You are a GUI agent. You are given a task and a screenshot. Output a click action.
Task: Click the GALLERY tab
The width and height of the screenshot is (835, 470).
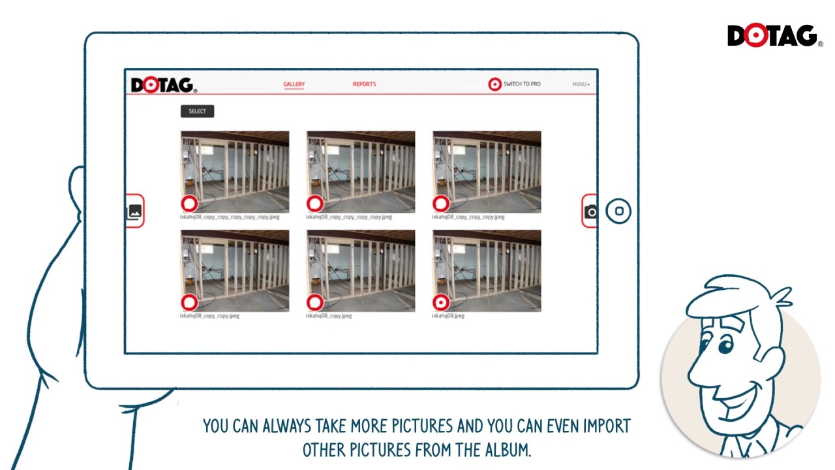(x=294, y=84)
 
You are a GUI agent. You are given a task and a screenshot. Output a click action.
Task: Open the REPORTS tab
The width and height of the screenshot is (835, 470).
(x=364, y=84)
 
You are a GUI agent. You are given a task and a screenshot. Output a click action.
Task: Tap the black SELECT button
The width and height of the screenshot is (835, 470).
(x=197, y=111)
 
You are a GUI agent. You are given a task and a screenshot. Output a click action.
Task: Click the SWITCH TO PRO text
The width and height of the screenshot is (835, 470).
(x=522, y=84)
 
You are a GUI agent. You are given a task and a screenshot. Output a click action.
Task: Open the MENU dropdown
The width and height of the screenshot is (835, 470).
(x=581, y=84)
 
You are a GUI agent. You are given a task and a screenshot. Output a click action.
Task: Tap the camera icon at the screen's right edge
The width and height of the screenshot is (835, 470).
(x=590, y=211)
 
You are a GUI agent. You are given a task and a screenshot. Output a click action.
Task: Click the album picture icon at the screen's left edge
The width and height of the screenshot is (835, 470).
(x=134, y=211)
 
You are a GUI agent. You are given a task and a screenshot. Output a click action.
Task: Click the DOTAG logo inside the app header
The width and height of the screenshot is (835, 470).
(x=163, y=86)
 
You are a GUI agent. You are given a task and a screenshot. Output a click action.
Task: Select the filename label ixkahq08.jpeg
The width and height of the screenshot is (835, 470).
(x=448, y=316)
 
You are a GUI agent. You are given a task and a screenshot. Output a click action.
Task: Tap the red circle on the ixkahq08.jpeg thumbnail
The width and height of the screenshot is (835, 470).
(x=441, y=302)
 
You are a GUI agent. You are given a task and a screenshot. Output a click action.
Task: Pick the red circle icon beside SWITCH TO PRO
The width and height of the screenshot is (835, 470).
(x=494, y=84)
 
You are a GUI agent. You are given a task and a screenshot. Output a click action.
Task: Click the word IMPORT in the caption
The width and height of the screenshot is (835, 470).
(x=606, y=427)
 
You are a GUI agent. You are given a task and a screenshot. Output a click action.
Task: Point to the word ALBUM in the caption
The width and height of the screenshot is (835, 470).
(x=506, y=450)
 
